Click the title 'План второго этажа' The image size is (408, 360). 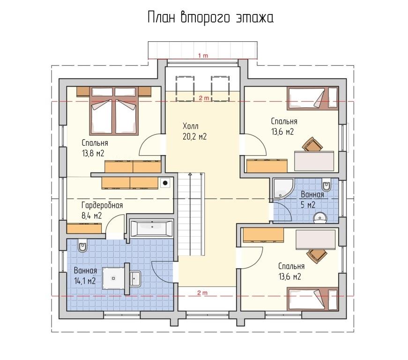(x=210, y=18)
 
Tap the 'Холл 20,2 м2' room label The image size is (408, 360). (x=195, y=131)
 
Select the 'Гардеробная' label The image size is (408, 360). (x=102, y=205)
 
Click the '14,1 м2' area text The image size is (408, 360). (x=85, y=281)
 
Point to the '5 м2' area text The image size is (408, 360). (x=308, y=204)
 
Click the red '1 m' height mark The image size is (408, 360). (x=203, y=55)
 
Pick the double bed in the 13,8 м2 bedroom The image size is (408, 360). (x=114, y=111)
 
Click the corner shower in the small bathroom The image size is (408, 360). (x=283, y=188)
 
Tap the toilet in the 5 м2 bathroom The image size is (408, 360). (x=326, y=185)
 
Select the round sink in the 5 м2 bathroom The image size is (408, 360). (x=320, y=217)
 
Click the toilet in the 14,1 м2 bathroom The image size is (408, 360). (x=82, y=245)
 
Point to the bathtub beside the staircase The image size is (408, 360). (x=151, y=229)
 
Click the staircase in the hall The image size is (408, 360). (x=191, y=214)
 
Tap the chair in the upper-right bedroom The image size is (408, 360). (x=313, y=144)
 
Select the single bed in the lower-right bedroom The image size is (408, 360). (x=312, y=299)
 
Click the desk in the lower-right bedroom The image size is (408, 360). (x=316, y=240)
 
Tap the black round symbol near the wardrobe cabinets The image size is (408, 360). (x=165, y=183)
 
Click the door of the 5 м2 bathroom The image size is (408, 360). (x=283, y=211)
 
